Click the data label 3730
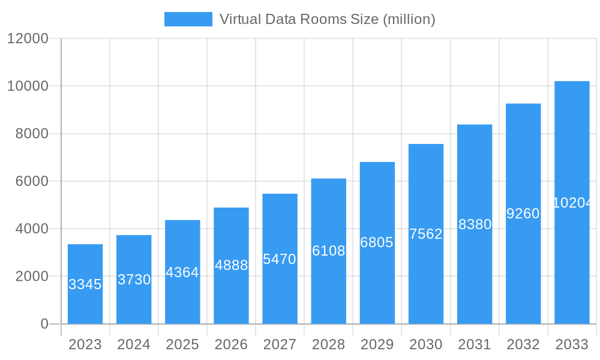click(134, 280)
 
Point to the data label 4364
click(182, 272)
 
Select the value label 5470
click(280, 259)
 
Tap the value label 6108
click(328, 251)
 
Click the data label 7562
click(426, 234)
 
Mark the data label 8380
click(475, 224)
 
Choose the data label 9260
click(523, 214)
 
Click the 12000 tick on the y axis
click(28, 38)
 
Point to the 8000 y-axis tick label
click(31, 134)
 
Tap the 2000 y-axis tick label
click(31, 277)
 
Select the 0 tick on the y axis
click(44, 324)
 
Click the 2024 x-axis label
click(134, 345)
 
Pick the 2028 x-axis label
click(328, 345)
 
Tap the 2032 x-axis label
click(523, 345)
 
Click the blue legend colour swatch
click(188, 19)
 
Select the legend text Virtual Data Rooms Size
click(327, 19)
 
